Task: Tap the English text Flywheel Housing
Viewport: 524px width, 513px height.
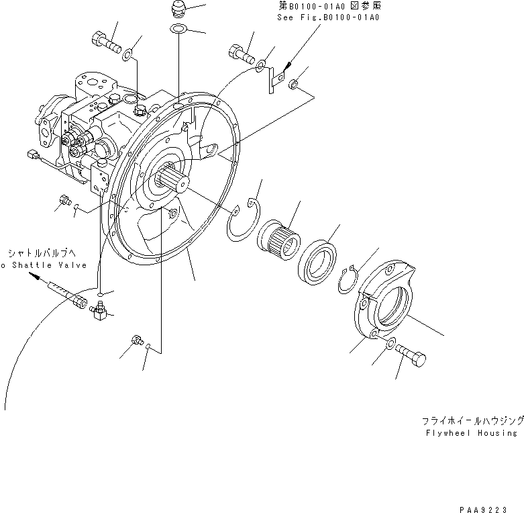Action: pyautogui.click(x=471, y=434)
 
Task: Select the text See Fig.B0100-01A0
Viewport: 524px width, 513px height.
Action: pyautogui.click(x=328, y=18)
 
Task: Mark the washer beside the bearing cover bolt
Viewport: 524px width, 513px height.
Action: pyautogui.click(x=389, y=345)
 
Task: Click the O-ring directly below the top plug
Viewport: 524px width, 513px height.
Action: pyautogui.click(x=179, y=28)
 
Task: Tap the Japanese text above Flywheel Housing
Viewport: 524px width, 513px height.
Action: pyautogui.click(x=472, y=420)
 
